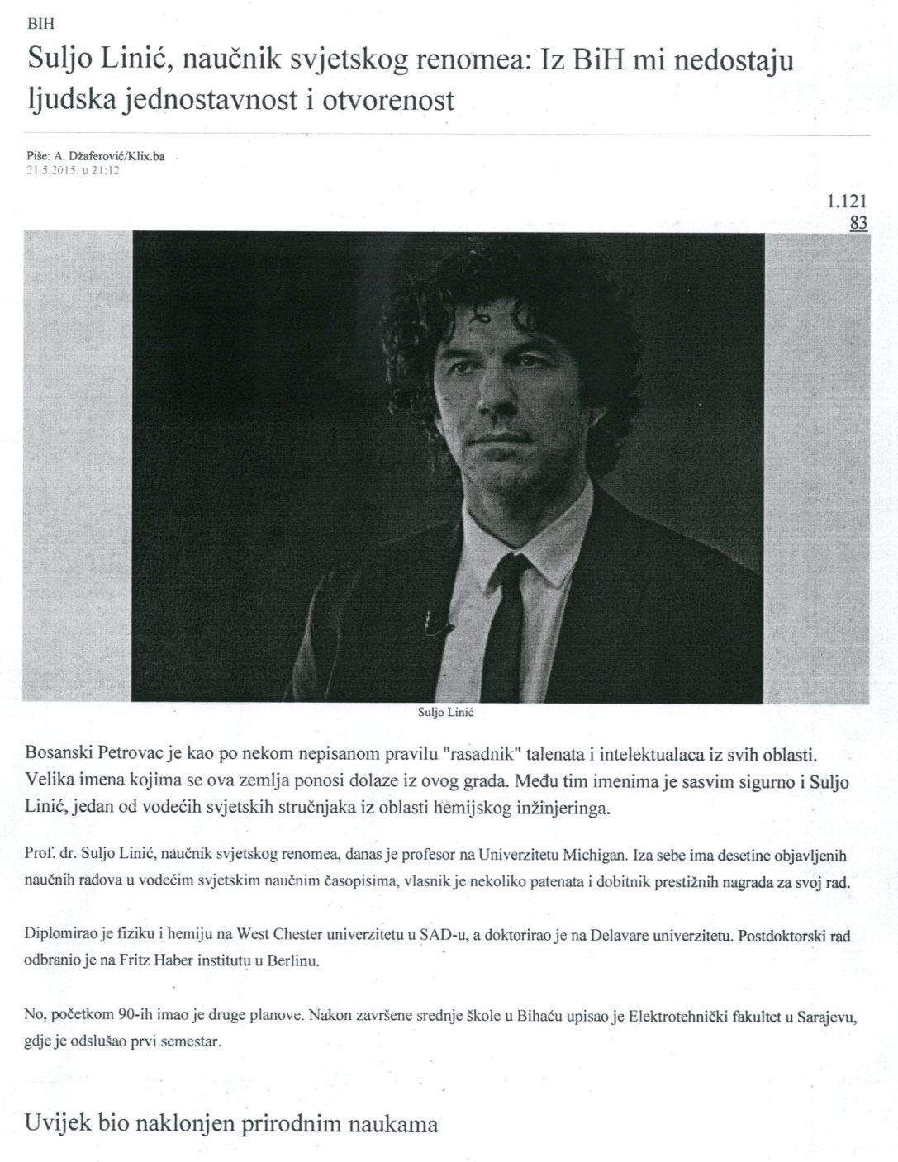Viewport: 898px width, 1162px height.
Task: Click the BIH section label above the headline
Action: (40, 25)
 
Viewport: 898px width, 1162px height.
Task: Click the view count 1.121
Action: (847, 202)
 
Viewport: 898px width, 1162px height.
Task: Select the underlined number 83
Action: (858, 223)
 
